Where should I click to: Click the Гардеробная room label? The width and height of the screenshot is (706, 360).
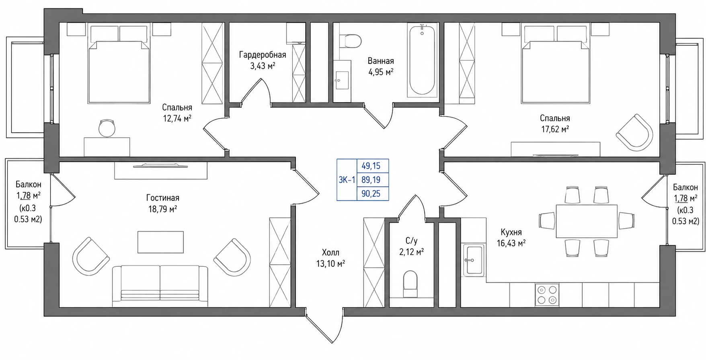click(x=263, y=55)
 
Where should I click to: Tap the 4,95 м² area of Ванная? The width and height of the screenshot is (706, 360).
click(x=380, y=72)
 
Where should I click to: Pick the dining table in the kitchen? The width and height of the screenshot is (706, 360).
click(x=587, y=221)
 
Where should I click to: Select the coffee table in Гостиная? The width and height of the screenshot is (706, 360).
click(x=160, y=242)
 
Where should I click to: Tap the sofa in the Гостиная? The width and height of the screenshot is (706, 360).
click(x=160, y=286)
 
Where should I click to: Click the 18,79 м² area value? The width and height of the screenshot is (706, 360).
click(x=162, y=209)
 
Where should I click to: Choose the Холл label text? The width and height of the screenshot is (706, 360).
click(x=330, y=253)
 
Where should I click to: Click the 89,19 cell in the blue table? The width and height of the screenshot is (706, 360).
click(x=371, y=180)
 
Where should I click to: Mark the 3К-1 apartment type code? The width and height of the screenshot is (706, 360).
click(x=347, y=180)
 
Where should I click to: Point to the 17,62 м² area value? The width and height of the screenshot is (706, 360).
click(x=555, y=130)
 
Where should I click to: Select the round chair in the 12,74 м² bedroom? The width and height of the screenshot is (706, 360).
click(x=107, y=128)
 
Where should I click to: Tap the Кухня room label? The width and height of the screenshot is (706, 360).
click(x=511, y=232)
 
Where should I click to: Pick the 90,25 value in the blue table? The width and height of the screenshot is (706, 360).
click(x=371, y=194)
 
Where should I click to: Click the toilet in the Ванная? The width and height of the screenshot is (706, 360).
click(x=349, y=41)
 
